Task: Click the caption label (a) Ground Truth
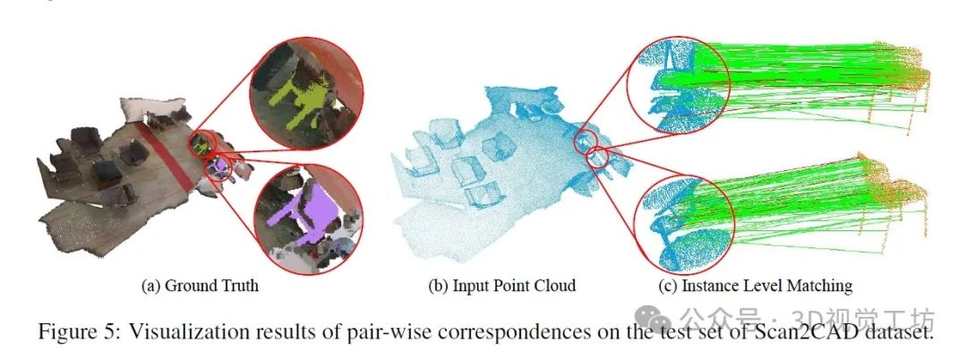200,287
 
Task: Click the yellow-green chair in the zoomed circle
295,90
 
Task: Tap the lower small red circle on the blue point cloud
597,159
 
